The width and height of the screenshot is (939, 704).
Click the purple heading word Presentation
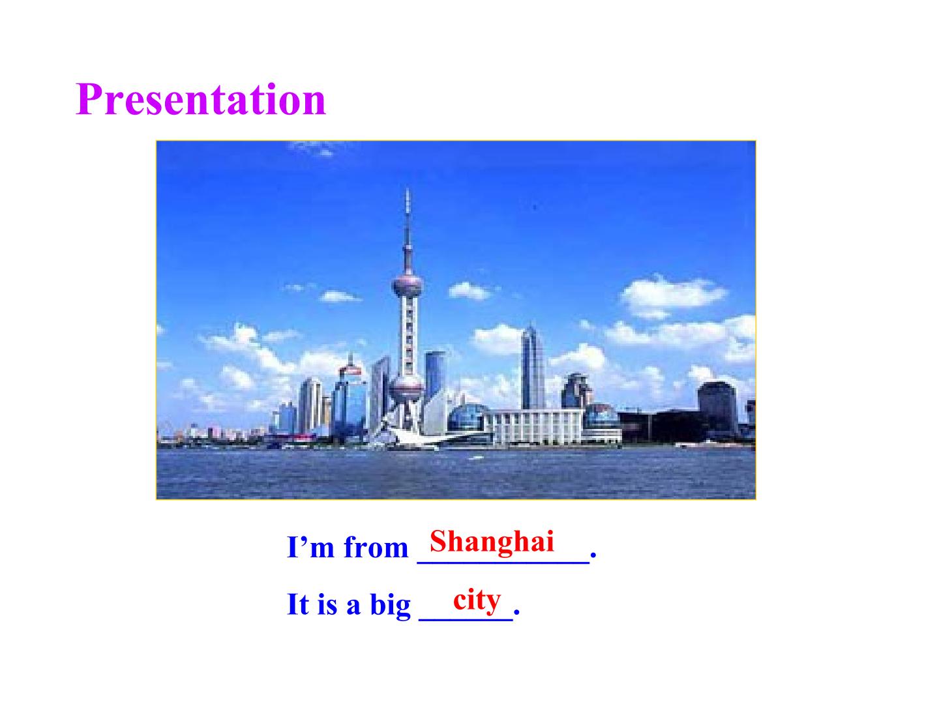(x=201, y=100)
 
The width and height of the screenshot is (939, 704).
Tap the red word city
(x=477, y=599)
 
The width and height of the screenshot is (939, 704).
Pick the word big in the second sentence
(x=390, y=605)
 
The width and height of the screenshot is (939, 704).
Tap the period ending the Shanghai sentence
(x=593, y=558)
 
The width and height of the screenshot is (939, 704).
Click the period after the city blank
(x=516, y=613)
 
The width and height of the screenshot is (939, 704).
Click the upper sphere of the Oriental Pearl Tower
(x=408, y=286)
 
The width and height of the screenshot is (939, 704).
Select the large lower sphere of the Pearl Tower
(x=406, y=389)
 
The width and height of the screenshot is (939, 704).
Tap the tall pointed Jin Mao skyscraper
(x=532, y=368)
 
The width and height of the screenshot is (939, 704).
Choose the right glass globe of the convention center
(x=601, y=418)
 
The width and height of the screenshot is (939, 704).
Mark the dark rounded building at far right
(x=717, y=407)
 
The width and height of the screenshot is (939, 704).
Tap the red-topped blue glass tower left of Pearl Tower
(x=350, y=398)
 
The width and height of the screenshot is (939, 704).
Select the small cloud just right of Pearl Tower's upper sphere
(x=468, y=290)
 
